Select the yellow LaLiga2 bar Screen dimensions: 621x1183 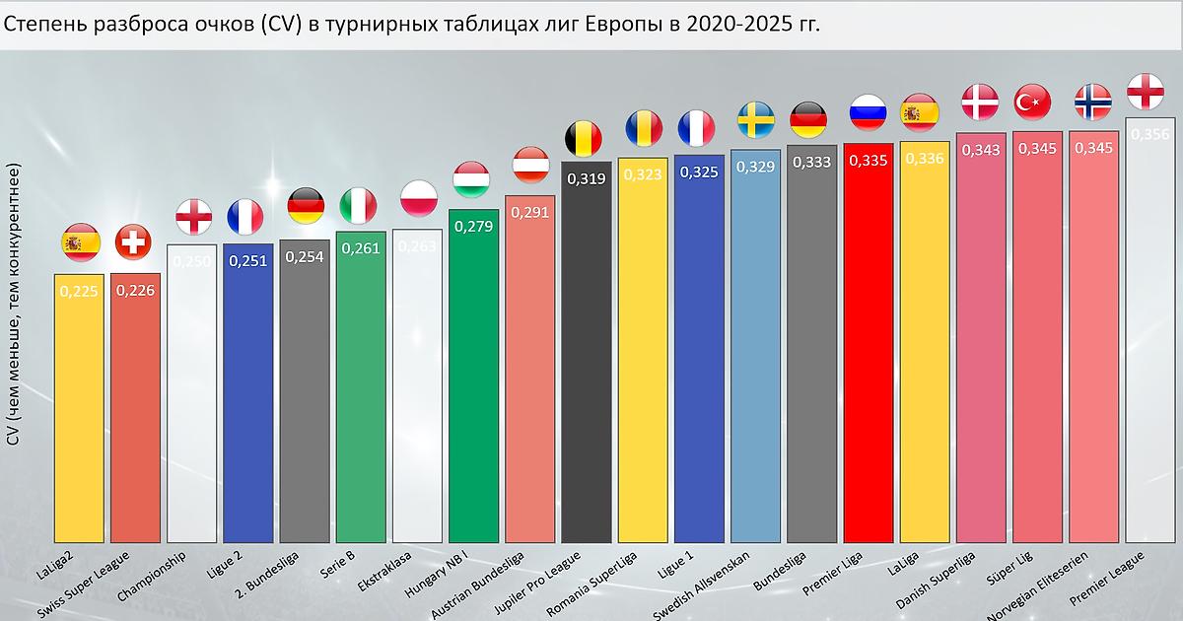coord(80,414)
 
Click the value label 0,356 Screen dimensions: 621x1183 coord(1150,135)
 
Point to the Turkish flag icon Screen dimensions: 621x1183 coord(1034,102)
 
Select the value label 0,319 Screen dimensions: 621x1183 coord(586,178)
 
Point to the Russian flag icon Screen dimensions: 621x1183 coord(869,111)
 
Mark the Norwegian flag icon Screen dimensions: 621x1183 coord(1091,101)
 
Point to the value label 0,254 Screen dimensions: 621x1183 coord(304,256)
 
